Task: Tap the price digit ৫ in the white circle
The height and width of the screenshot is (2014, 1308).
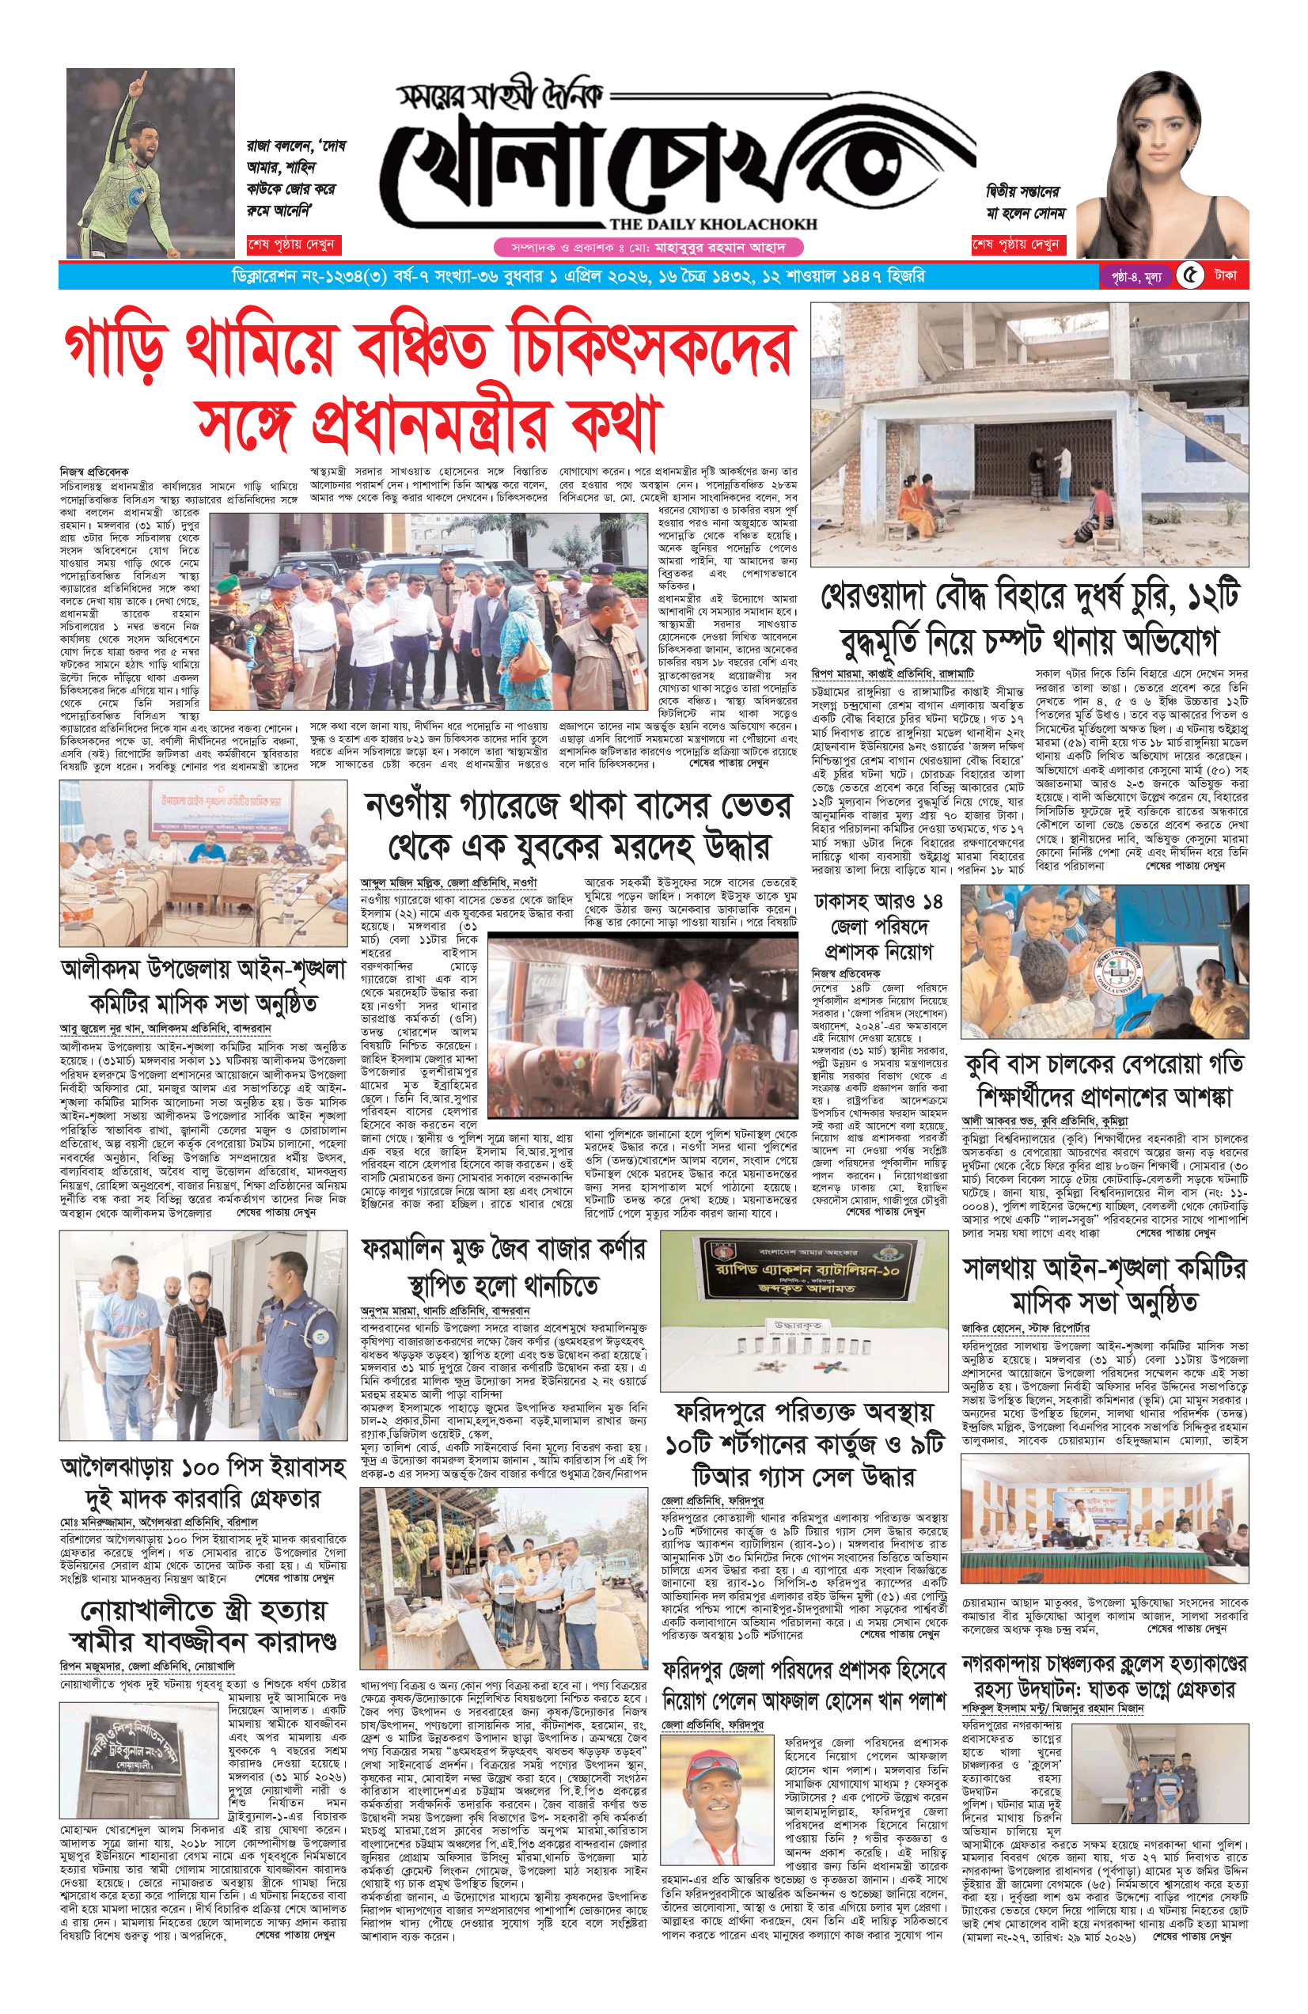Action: click(x=1190, y=276)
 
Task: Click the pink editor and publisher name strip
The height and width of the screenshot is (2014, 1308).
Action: click(x=648, y=248)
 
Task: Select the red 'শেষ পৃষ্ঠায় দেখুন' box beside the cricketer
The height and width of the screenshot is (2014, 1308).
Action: click(x=292, y=245)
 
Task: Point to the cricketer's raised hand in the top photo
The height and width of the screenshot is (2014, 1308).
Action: click(x=140, y=81)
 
